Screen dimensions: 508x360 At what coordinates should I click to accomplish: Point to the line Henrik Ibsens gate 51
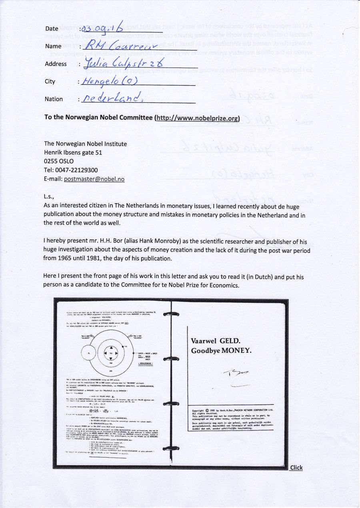point(73,152)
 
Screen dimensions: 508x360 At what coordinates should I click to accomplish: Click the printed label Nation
point(54,99)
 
